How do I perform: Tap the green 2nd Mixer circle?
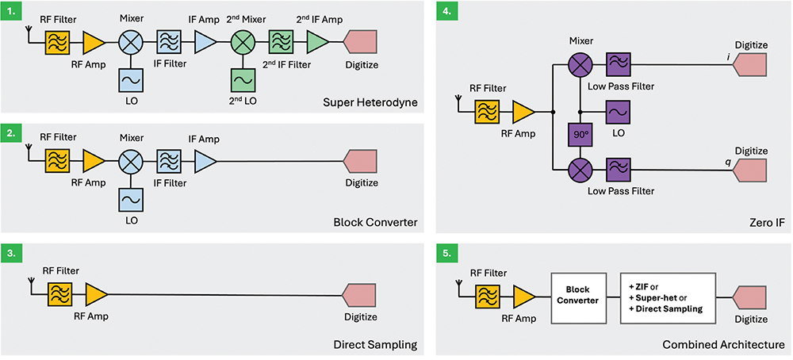[243, 41]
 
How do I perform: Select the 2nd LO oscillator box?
[243, 80]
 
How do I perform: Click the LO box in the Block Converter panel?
[130, 198]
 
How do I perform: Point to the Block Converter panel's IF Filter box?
[168, 162]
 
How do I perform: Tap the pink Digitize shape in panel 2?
[361, 162]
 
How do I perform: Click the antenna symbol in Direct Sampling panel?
[31, 283]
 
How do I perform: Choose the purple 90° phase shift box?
[579, 136]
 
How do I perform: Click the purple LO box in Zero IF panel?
[618, 112]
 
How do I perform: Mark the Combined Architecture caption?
[723, 345]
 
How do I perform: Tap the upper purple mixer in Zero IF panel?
[579, 64]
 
